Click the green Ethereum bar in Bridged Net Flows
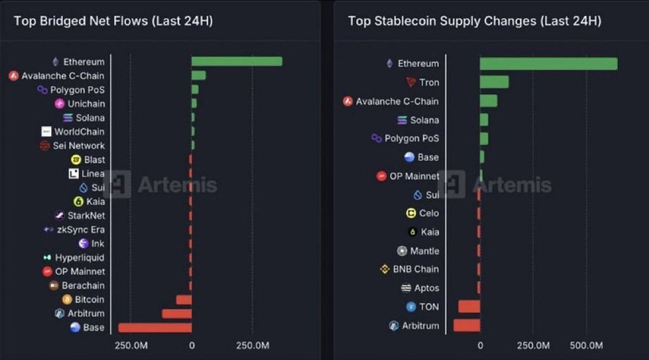pos(236,62)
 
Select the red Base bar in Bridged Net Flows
pos(155,328)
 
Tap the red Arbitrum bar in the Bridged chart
pos(177,314)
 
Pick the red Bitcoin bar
pos(183,300)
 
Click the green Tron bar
pos(494,82)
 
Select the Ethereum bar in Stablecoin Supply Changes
pos(548,64)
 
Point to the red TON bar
pos(469,306)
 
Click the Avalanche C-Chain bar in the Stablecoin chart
pos(488,101)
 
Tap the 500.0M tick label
pos(586,345)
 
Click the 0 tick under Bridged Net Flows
pos(191,345)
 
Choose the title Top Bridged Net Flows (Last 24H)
pos(113,21)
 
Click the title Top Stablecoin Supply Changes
pos(474,21)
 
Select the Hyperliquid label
pos(79,257)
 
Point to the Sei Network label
pos(79,146)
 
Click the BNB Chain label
pos(416,269)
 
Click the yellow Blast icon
pos(76,159)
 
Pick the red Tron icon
pos(411,82)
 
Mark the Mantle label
pos(424,251)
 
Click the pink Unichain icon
pos(60,104)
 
